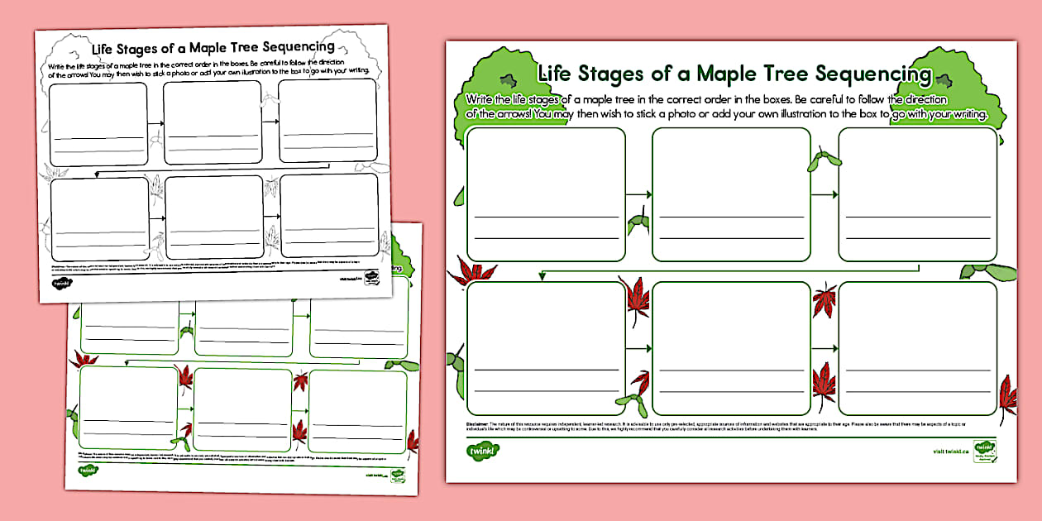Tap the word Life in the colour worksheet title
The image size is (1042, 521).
point(557,73)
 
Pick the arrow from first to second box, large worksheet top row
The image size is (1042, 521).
point(638,194)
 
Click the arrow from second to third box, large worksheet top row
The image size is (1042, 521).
point(824,194)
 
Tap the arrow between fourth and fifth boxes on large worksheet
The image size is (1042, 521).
point(638,348)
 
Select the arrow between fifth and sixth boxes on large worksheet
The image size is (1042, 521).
point(824,348)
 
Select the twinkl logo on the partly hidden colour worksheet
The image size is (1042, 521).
point(87,471)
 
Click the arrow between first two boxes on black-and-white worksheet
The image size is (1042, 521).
point(155,124)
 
